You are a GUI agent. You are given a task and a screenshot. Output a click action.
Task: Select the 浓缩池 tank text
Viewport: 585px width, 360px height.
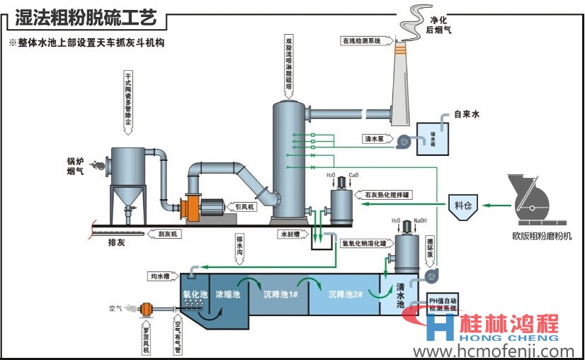pyautogui.click(x=229, y=293)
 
